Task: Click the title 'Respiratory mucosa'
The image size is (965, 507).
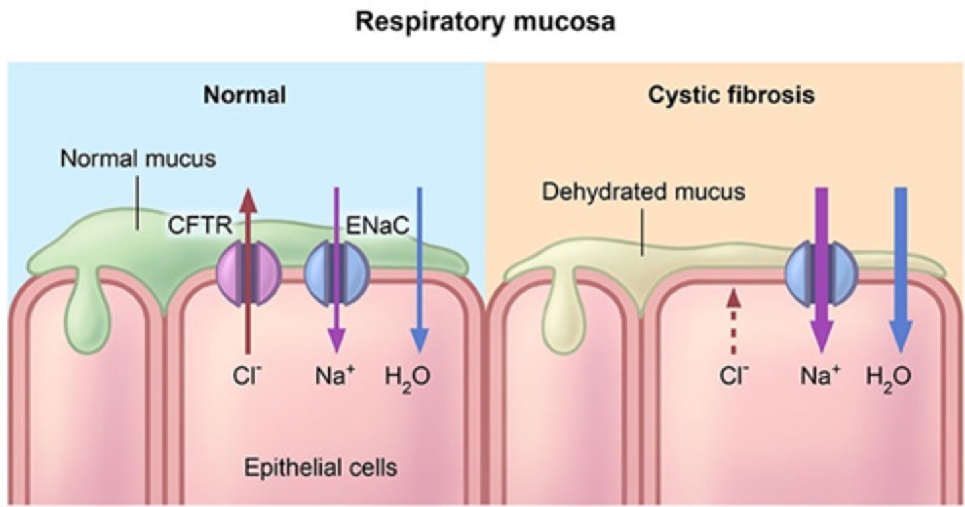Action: pyautogui.click(x=485, y=23)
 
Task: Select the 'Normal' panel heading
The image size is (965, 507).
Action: pyautogui.click(x=245, y=95)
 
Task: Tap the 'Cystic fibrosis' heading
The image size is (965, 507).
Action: pyautogui.click(x=731, y=95)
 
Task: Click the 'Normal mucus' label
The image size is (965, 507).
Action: pyautogui.click(x=138, y=159)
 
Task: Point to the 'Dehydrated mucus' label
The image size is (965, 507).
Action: pyautogui.click(x=643, y=192)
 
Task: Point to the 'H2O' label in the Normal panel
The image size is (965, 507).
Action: pyautogui.click(x=407, y=377)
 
